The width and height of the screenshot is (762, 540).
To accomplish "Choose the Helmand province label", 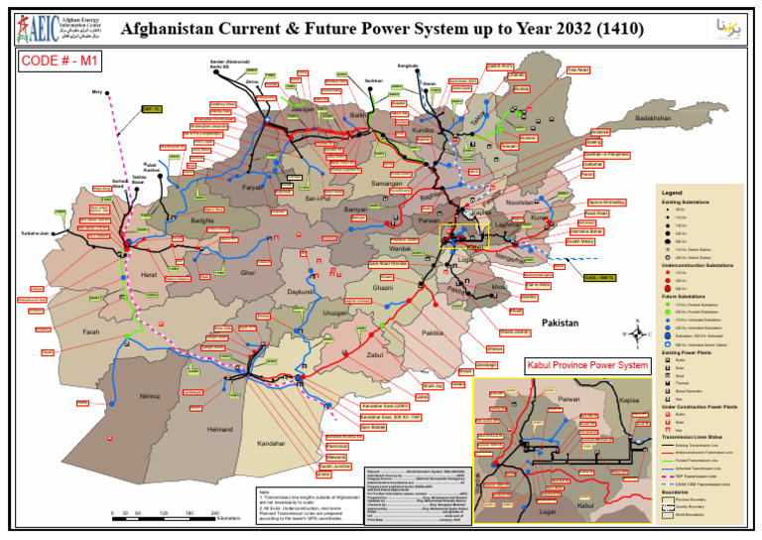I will coord(219,429).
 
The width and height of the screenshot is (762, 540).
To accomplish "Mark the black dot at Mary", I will coord(109,94).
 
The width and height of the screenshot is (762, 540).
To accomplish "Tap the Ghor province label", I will coord(248,272).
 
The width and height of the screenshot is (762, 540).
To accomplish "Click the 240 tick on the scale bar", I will coord(216,512).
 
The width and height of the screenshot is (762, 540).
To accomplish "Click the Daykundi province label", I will coord(301,293).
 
